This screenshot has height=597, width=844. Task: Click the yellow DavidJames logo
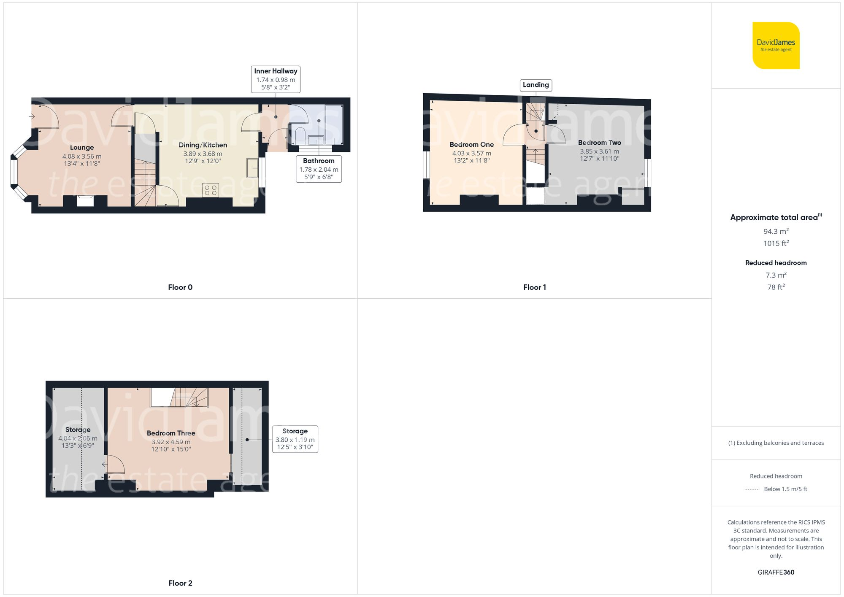click(x=776, y=46)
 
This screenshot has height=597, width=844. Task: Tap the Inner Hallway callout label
click(x=276, y=79)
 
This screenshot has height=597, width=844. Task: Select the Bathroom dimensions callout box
click(x=319, y=169)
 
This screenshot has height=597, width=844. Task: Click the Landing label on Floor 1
click(x=536, y=85)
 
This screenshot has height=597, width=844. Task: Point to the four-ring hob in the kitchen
click(x=211, y=190)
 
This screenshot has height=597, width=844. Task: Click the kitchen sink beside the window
click(x=252, y=168)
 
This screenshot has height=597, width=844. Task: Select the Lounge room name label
click(x=82, y=147)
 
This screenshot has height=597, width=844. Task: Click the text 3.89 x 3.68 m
click(x=203, y=154)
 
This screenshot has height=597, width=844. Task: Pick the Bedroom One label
click(x=471, y=145)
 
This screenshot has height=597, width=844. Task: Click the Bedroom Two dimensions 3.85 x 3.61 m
click(x=599, y=151)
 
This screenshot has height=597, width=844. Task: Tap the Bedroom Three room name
click(x=171, y=433)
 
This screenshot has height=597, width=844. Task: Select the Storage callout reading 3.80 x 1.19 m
click(x=295, y=439)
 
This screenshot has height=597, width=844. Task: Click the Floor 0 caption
click(x=180, y=287)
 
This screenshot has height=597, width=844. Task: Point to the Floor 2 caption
click(x=180, y=583)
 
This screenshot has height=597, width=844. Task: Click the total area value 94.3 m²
click(x=776, y=231)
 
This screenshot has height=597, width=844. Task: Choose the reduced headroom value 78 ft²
click(x=776, y=287)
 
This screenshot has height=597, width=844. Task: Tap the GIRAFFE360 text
click(x=776, y=572)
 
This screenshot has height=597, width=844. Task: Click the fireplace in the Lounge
click(x=85, y=201)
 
